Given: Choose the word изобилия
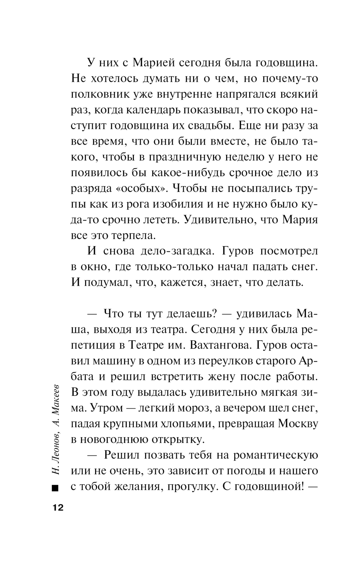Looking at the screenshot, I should (x=174, y=205).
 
